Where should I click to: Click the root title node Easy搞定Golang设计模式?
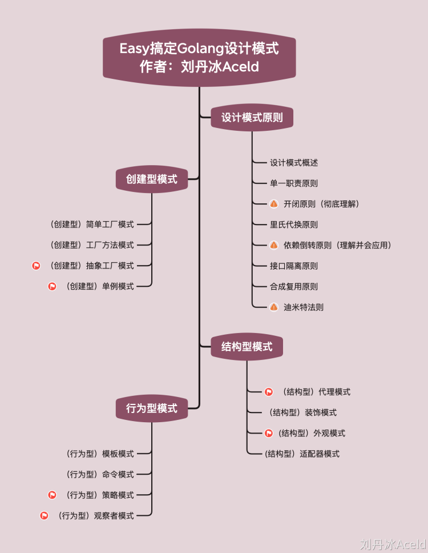[x=199, y=58]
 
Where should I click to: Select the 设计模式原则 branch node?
[x=252, y=118]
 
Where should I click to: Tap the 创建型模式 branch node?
[x=152, y=179]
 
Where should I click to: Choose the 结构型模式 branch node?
[x=247, y=346]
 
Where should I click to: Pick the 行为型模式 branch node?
[x=152, y=408]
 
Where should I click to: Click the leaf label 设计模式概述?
[x=294, y=163]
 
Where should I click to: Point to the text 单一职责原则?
[x=294, y=183]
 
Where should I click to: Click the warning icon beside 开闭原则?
[x=274, y=204]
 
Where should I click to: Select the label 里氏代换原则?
[x=294, y=225]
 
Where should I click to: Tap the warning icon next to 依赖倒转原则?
[x=274, y=245]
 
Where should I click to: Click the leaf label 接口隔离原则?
[x=294, y=266]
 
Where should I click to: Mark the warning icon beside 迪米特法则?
[x=274, y=307]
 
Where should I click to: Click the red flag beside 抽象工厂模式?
[x=36, y=266]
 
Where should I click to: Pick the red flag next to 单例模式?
[x=52, y=286]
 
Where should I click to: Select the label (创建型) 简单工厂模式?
[x=92, y=225]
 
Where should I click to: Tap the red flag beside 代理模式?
[x=269, y=392]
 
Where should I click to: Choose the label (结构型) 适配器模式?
[x=302, y=454]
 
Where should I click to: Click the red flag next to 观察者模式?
[x=44, y=515]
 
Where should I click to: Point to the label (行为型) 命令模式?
[x=100, y=474]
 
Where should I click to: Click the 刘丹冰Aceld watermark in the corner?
[x=393, y=543]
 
